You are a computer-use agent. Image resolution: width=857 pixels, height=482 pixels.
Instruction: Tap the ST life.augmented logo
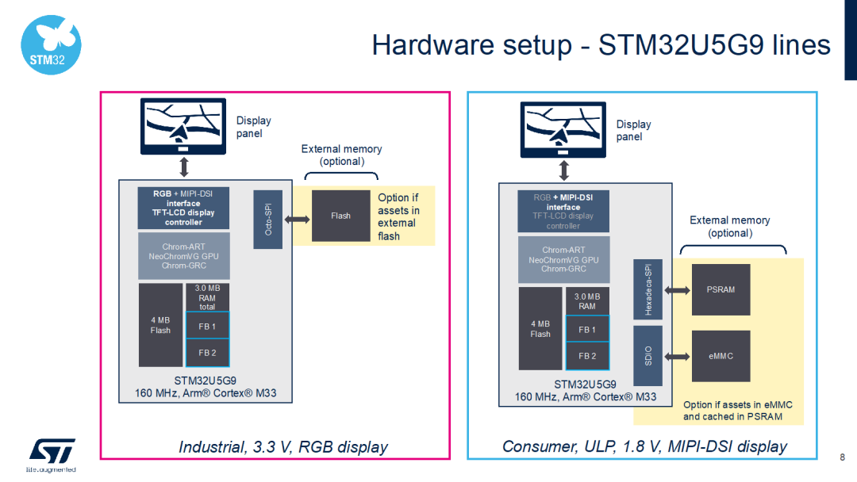(x=52, y=453)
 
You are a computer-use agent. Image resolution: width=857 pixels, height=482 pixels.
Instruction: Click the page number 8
(x=841, y=457)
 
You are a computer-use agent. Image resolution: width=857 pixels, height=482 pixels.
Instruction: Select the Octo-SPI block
(x=268, y=220)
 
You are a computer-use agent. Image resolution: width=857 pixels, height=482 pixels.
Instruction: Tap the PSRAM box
(x=721, y=289)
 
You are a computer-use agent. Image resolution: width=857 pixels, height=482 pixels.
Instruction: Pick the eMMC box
(x=721, y=356)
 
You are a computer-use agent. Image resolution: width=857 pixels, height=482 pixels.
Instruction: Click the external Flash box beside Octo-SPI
(x=340, y=216)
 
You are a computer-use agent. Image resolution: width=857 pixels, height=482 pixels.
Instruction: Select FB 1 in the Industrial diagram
(x=207, y=326)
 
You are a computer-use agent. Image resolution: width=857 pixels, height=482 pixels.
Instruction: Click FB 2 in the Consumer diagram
(x=587, y=356)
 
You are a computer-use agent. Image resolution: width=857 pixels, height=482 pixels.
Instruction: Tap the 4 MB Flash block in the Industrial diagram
(x=160, y=325)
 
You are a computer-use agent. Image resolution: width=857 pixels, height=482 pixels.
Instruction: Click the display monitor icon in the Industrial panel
(x=183, y=126)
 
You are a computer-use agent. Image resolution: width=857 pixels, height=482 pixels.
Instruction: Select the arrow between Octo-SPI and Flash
(x=297, y=220)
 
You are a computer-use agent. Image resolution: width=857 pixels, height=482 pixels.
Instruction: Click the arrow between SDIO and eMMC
(x=677, y=356)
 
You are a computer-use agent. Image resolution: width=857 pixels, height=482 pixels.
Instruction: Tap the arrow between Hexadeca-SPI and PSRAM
(x=677, y=290)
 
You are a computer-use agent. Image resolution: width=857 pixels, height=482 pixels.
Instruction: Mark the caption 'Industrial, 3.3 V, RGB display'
(x=283, y=447)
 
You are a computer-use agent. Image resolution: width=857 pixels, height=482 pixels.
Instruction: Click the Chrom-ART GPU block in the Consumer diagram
(x=563, y=259)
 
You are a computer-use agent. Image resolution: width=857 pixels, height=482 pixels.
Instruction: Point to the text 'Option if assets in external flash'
(x=398, y=216)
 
